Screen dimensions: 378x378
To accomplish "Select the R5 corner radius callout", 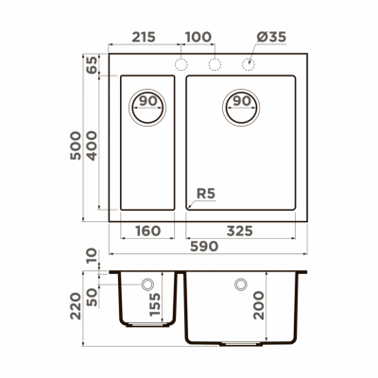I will (205, 196).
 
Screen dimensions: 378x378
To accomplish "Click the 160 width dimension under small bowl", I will (146, 230).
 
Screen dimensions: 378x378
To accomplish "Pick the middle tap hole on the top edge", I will (214, 64).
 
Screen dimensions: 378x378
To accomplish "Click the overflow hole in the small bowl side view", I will (147, 283).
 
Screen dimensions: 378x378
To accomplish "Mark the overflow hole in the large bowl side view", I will (240, 283).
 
